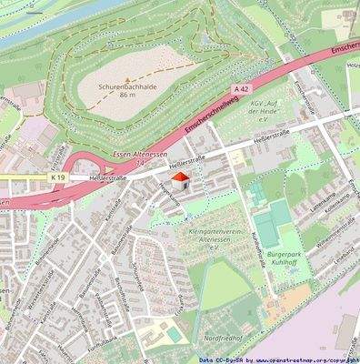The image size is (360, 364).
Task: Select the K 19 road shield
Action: (57, 175)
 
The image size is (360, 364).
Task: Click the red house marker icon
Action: (179, 180)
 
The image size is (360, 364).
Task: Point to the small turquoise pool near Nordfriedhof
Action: (172, 335)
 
